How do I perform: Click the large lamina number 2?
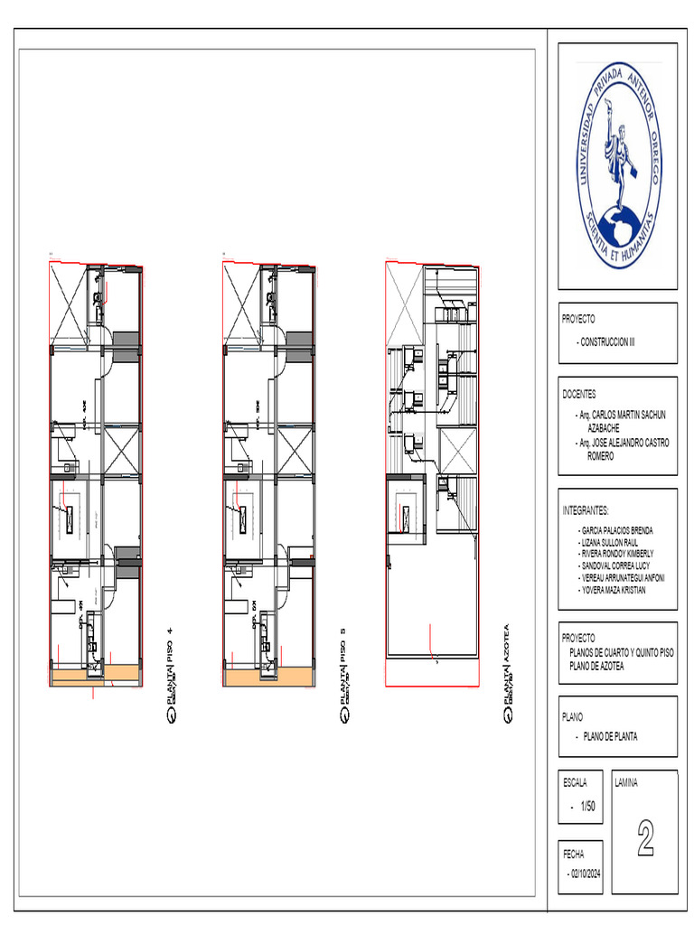pyautogui.click(x=645, y=839)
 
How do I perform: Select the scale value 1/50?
pyautogui.click(x=587, y=806)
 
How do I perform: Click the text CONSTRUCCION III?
pyautogui.click(x=607, y=344)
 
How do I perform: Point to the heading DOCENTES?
pyautogui.click(x=579, y=395)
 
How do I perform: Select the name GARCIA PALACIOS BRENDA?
pyautogui.click(x=616, y=530)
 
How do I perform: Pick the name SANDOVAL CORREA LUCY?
pyautogui.click(x=615, y=565)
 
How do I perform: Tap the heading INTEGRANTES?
pyautogui.click(x=586, y=510)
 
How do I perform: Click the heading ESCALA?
pyautogui.click(x=575, y=782)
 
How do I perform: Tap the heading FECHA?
pyautogui.click(x=573, y=853)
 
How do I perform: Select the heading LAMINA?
pyautogui.click(x=626, y=783)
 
